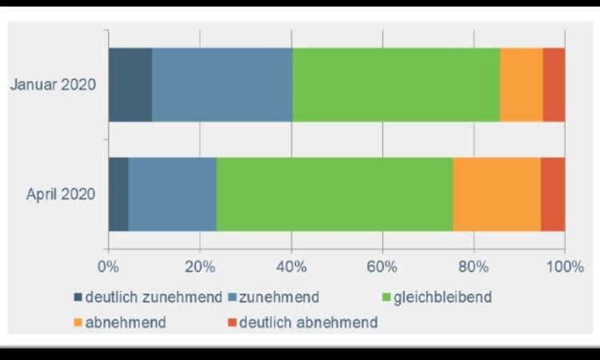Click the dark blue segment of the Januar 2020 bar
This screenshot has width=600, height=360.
(130, 85)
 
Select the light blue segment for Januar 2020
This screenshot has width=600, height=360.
(222, 85)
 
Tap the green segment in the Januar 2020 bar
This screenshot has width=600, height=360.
(396, 85)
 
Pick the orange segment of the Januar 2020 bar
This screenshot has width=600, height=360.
(521, 85)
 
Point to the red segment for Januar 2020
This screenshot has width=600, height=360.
(554, 85)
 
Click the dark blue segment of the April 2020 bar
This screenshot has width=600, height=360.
(118, 194)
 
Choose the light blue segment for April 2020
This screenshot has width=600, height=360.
(172, 194)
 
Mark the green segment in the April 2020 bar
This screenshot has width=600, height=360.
(334, 194)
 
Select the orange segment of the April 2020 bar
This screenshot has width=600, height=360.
(496, 194)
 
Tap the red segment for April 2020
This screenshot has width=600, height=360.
(553, 194)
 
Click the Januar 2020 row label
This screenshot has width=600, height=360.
(53, 85)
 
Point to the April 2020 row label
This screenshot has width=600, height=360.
(61, 194)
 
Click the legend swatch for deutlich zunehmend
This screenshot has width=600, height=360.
(78, 298)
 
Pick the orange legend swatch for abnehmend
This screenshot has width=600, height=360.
(78, 322)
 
